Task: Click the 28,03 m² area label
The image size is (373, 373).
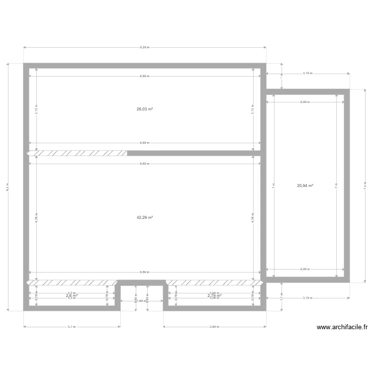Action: point(144,109)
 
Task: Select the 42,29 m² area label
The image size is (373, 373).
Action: point(144,217)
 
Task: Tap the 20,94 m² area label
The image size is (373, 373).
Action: point(305,186)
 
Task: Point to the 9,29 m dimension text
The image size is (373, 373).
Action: point(144,48)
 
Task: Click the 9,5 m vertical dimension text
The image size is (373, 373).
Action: point(7,186)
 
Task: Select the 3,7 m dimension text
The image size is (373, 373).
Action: point(72,327)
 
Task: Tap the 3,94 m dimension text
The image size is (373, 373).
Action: point(214,327)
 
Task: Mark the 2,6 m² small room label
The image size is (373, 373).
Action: point(72,295)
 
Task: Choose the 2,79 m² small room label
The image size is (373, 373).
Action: point(214,295)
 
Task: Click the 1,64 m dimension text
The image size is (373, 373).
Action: point(142,301)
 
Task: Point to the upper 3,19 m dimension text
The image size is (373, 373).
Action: point(307,73)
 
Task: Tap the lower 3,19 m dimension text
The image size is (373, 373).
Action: point(307,298)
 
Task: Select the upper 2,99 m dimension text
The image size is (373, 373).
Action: point(305,102)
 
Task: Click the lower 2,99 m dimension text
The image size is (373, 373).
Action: point(305,269)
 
